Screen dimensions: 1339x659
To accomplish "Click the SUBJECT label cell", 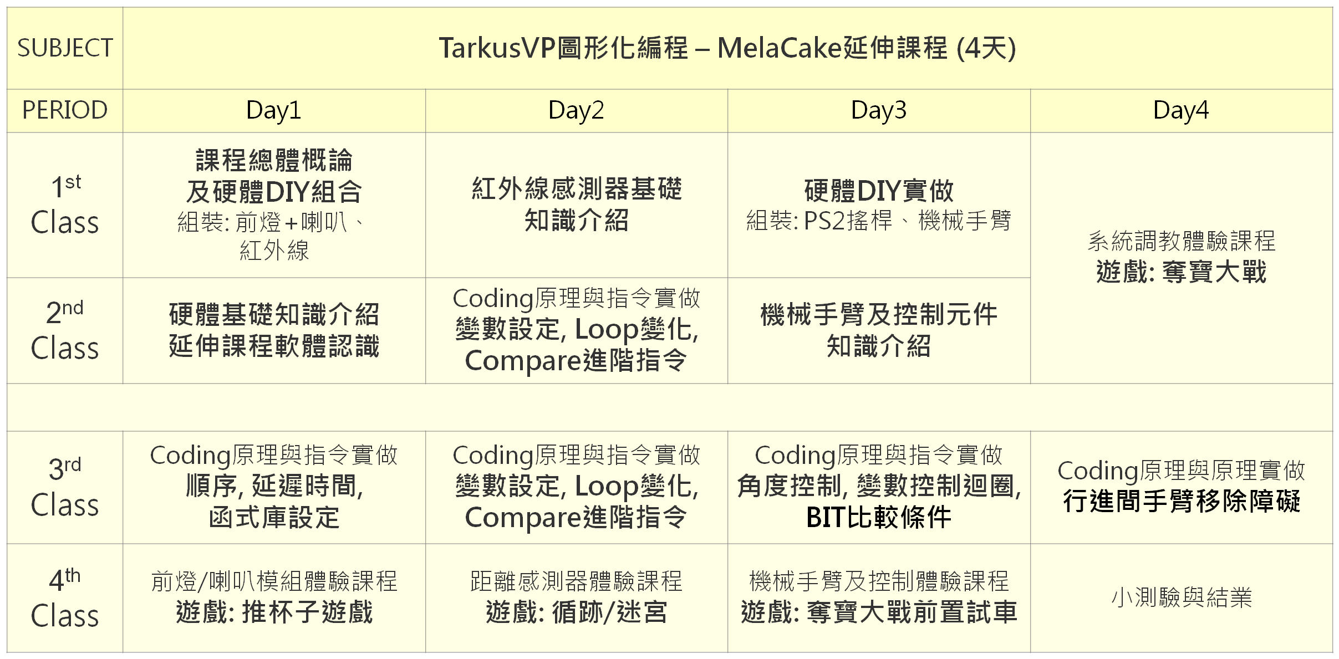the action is pos(65,48).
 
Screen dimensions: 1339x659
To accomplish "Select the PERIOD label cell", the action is pos(65,110).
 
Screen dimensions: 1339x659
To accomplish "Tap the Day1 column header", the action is pos(274,110).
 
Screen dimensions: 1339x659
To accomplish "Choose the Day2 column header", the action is pos(576,110).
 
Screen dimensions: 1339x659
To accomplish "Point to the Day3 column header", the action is pos(879,110).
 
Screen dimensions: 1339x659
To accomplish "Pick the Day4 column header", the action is pos(1181,110).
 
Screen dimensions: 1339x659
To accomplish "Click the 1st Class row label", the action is pos(65,205).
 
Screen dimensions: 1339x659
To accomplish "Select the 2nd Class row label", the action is pos(65,330).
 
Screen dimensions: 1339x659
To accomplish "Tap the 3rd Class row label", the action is pos(65,487).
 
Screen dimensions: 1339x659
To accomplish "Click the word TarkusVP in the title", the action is pos(497,48).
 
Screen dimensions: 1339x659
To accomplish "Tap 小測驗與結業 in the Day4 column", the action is pos(1182,597).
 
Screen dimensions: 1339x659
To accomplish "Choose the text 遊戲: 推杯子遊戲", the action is pos(274,612).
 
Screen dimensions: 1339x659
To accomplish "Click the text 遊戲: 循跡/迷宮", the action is pos(576,612).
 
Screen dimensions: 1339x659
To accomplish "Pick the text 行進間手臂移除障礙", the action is pos(1182,502).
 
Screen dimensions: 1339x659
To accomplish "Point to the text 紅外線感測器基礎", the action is pos(577,189).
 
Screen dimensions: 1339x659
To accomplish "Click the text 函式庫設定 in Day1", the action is pos(274,518).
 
